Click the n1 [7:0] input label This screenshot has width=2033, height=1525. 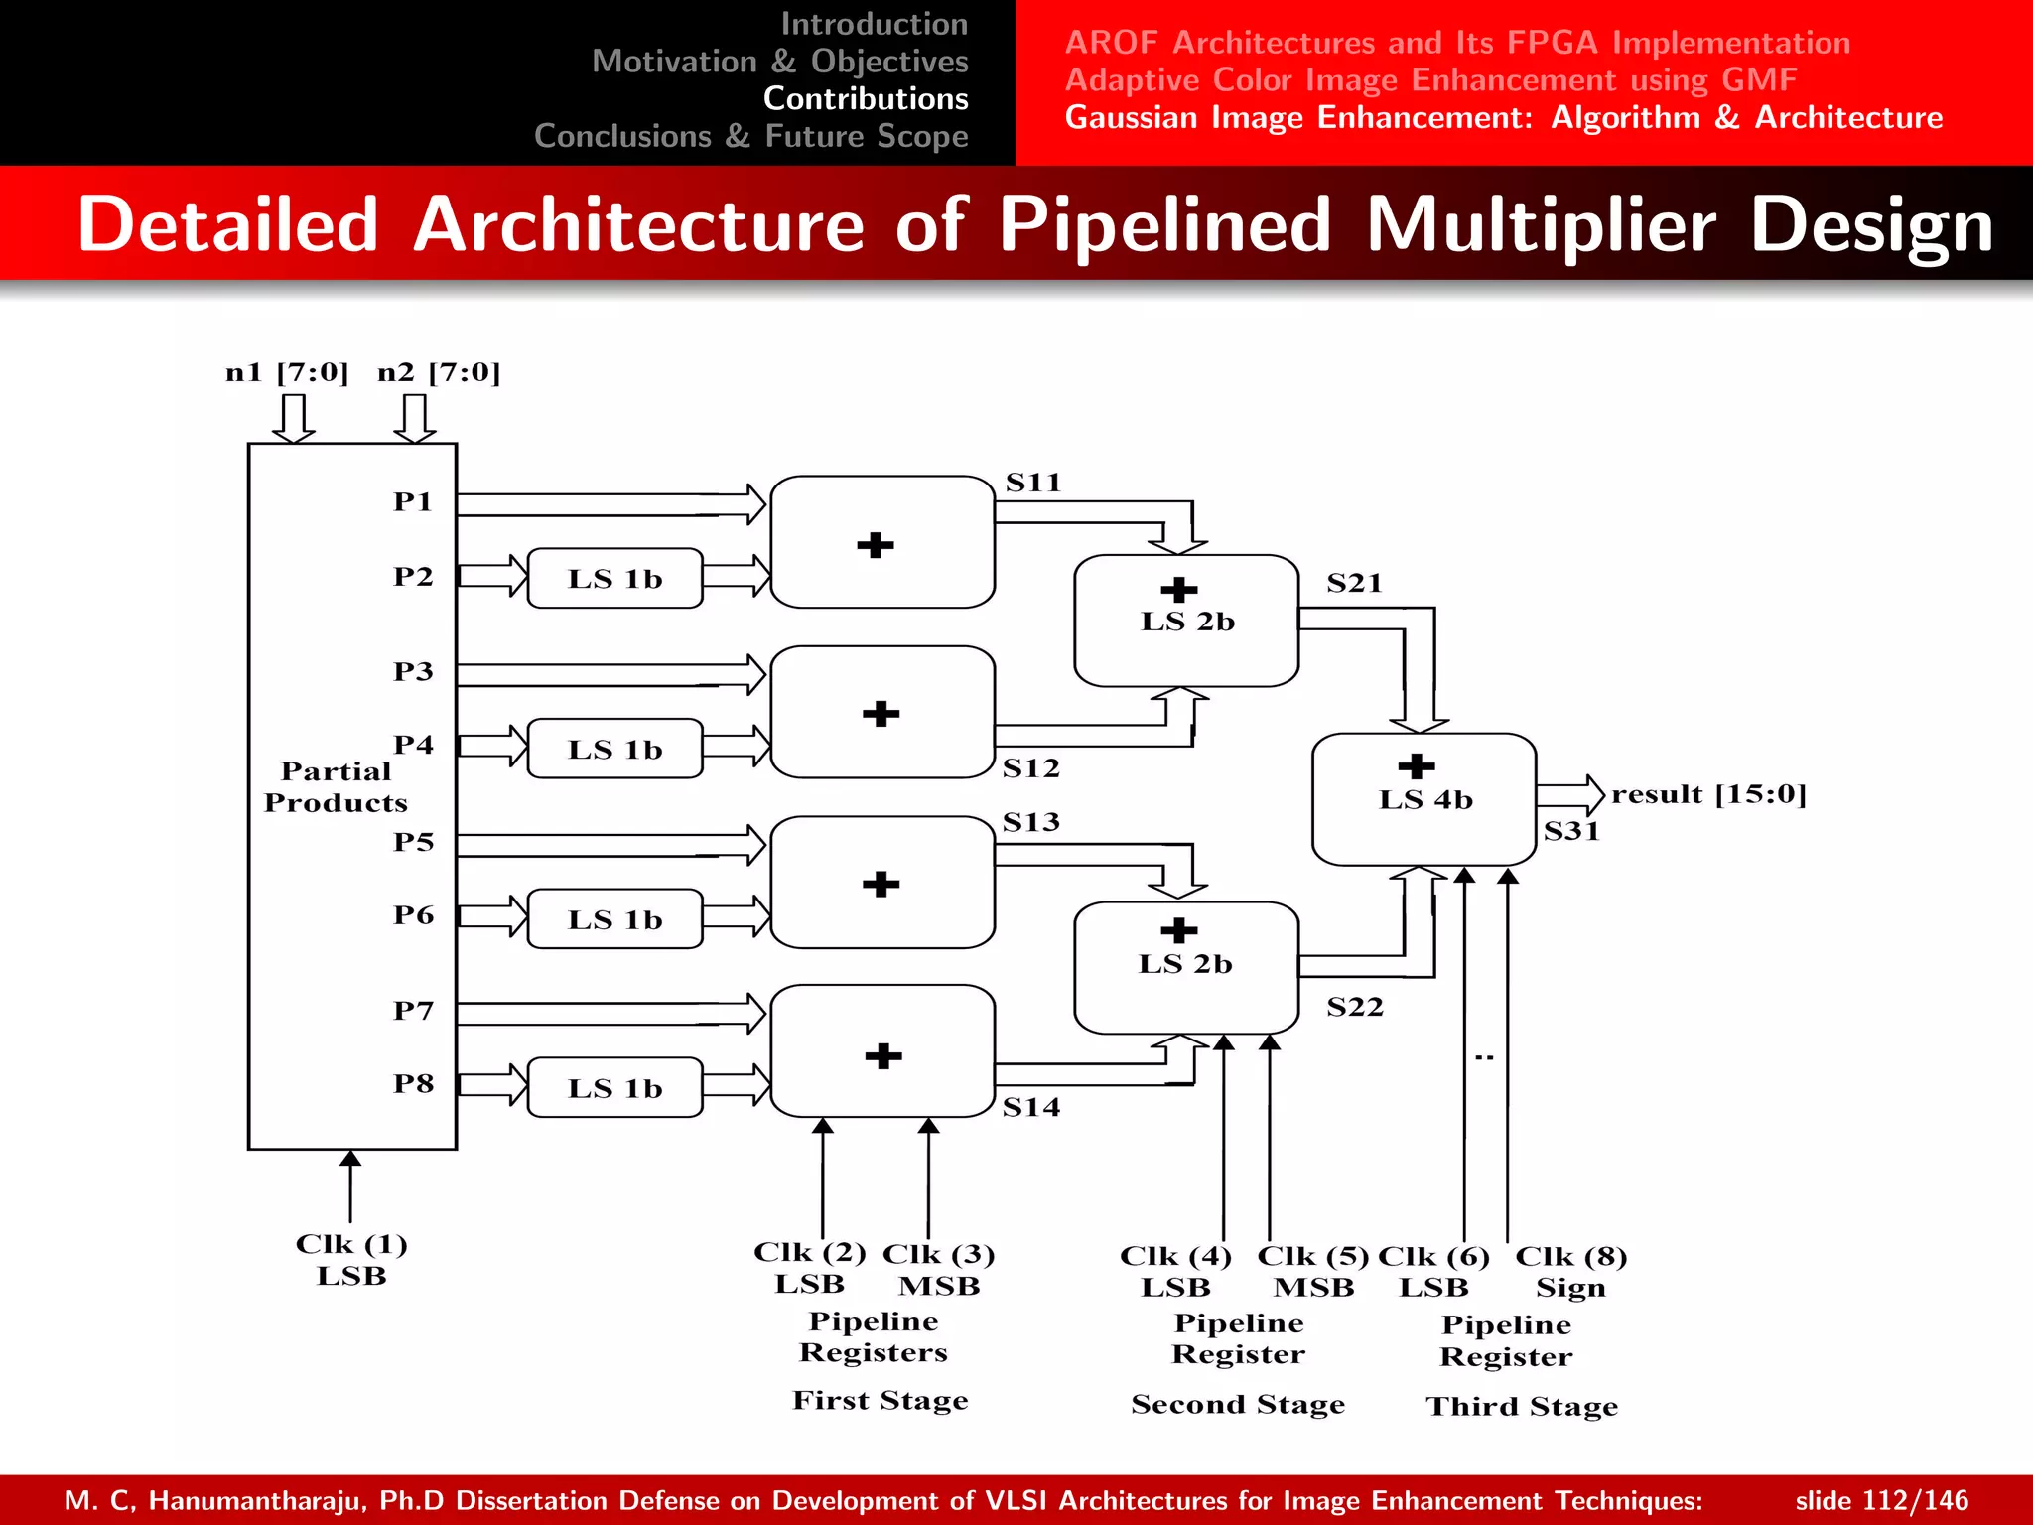pyautogui.click(x=287, y=373)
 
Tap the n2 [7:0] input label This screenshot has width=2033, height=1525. pyautogui.click(x=439, y=373)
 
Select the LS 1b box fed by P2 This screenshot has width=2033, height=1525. pyautogui.click(x=614, y=579)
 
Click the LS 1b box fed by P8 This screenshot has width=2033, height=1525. pyautogui.click(x=614, y=1088)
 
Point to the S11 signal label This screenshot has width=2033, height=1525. pyautogui.click(x=1033, y=484)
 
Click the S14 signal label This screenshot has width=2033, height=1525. pyautogui.click(x=1030, y=1107)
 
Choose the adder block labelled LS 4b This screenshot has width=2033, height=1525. pyautogui.click(x=1423, y=799)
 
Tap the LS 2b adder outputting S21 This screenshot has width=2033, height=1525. pyautogui.click(x=1186, y=621)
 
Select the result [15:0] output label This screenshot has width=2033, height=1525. pyautogui.click(x=1708, y=794)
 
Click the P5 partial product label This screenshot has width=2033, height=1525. pyautogui.click(x=413, y=842)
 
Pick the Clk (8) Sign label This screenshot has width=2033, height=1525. pyautogui.click(x=1570, y=1272)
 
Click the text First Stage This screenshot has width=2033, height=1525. pyautogui.click(x=880, y=1401)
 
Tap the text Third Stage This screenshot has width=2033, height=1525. pyautogui.click(x=1522, y=1407)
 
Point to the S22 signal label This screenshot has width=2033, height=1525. pyautogui.click(x=1354, y=1007)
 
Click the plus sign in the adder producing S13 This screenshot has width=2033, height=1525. pyautogui.click(x=881, y=884)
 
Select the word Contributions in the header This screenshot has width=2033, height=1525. pyautogui.click(x=865, y=99)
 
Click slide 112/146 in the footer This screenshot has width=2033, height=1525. pyautogui.click(x=1881, y=1500)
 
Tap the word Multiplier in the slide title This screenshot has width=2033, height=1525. pyautogui.click(x=1540, y=225)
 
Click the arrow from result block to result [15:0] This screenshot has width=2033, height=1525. pyautogui.click(x=1570, y=794)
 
